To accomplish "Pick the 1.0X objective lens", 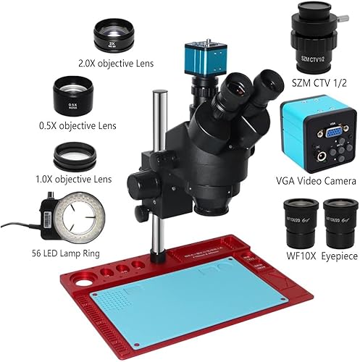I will (72, 156).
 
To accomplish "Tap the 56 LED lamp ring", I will (75, 221).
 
